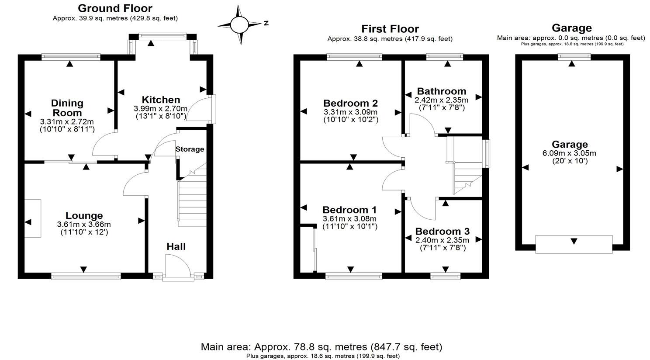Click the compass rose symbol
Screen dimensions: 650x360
pos(239,24)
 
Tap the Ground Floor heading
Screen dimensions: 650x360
pos(115,8)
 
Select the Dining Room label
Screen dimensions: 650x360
pos(67,108)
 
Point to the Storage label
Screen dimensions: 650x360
pos(190,149)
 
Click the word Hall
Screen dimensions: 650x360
pos(176,246)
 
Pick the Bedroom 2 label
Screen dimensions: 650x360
pos(350,103)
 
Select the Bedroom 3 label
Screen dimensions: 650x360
pos(442,231)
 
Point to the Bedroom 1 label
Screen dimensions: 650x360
pos(349,210)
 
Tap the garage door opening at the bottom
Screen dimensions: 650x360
pos(574,244)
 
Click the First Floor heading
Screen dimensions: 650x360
pos(390,29)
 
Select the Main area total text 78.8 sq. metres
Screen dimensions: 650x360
pos(321,347)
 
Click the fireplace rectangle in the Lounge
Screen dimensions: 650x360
pos(33,218)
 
